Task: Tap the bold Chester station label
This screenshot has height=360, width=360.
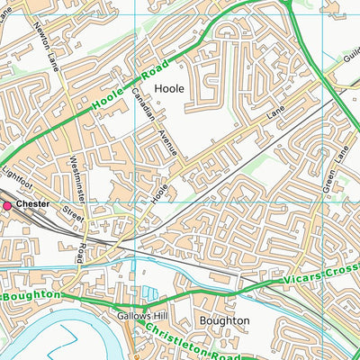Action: (32, 205)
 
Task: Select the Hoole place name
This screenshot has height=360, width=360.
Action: (169, 88)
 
